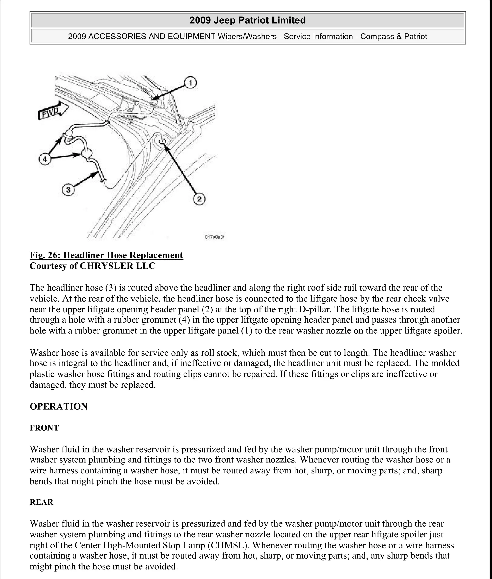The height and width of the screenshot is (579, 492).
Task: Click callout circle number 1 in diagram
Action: click(x=190, y=83)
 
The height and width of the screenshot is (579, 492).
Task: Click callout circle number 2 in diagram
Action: click(x=199, y=199)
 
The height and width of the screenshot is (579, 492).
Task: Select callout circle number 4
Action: click(x=45, y=160)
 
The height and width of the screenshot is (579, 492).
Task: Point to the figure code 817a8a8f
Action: click(x=215, y=237)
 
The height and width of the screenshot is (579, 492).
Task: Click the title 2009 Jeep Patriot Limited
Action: click(x=247, y=20)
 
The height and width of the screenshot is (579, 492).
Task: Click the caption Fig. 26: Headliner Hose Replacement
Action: click(x=106, y=255)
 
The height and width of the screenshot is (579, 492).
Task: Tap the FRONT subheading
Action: click(x=44, y=428)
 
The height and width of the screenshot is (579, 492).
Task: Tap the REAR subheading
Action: click(x=41, y=502)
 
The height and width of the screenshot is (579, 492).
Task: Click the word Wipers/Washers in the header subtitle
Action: click(x=248, y=37)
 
